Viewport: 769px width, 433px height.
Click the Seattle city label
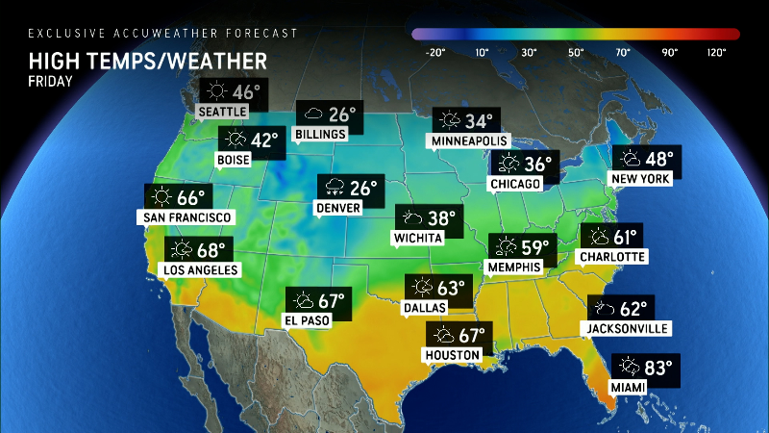click(x=222, y=112)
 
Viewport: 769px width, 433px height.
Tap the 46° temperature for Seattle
click(x=245, y=92)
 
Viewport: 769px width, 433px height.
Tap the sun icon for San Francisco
click(x=160, y=198)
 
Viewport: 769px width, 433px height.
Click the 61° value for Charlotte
click(x=626, y=237)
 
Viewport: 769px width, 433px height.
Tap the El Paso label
click(x=308, y=320)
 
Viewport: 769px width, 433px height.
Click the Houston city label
click(x=452, y=355)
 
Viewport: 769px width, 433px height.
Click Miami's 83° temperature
click(x=659, y=367)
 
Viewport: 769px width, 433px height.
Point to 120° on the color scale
click(x=716, y=52)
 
